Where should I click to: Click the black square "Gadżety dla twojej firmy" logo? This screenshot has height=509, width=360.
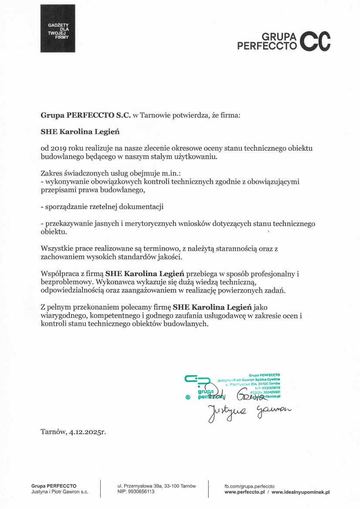click(x=58, y=28)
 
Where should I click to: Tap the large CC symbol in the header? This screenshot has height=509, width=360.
click(x=316, y=41)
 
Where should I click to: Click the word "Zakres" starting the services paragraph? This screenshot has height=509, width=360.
click(x=51, y=173)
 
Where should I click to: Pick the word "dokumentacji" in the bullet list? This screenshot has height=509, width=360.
click(x=145, y=206)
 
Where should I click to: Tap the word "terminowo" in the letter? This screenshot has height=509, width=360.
click(x=163, y=248)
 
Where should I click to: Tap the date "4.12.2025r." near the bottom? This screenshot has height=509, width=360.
click(x=87, y=432)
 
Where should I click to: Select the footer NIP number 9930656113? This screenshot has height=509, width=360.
click(x=142, y=492)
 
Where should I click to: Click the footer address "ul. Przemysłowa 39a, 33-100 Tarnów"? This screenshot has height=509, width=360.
click(x=156, y=485)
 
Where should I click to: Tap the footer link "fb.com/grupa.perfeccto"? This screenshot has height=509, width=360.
click(x=249, y=485)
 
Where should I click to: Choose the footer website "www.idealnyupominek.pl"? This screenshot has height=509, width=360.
click(x=300, y=492)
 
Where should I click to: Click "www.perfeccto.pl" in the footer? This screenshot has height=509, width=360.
click(x=245, y=492)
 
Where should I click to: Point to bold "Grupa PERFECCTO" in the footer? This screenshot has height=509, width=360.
click(x=54, y=485)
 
